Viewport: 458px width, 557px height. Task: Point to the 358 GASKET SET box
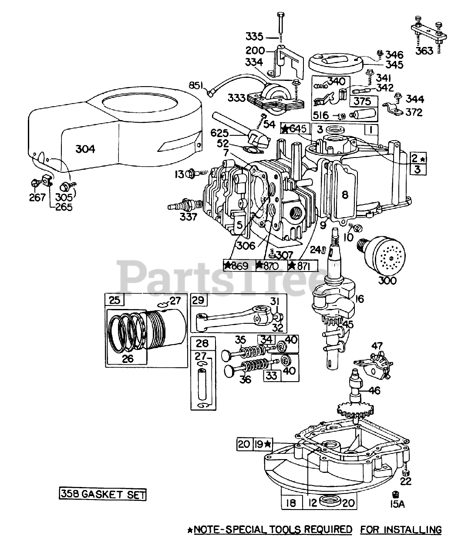coord(103,494)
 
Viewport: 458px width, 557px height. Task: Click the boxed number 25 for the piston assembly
coord(114,300)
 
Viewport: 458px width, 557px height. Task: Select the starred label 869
coord(239,265)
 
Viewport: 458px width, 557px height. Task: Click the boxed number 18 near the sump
coord(291,503)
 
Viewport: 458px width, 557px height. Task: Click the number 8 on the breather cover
coord(344,195)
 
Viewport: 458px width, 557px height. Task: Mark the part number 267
coord(37,198)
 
